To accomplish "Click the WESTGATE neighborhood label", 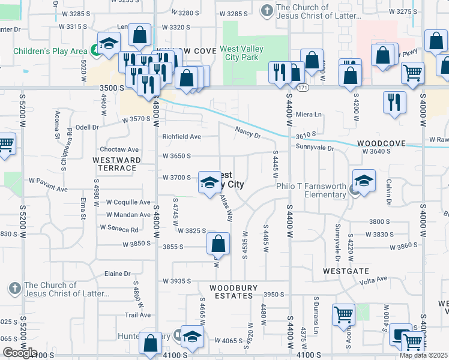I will coord(345,271).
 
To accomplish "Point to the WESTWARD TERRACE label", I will coord(117,164).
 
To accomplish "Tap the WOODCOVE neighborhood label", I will coord(381,144).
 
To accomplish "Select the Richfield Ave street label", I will coord(181,137).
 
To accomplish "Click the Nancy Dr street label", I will coord(248,132).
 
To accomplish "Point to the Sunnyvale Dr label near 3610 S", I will coord(314,146).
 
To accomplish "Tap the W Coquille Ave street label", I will coord(128,202).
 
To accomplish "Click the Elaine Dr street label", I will coord(118,274).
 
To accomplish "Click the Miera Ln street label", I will coord(309,114).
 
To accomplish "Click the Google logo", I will coord(20,353).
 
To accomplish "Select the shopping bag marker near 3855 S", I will coord(218,243).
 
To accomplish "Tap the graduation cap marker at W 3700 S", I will coord(209,182).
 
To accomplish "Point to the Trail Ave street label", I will coord(137,315).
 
